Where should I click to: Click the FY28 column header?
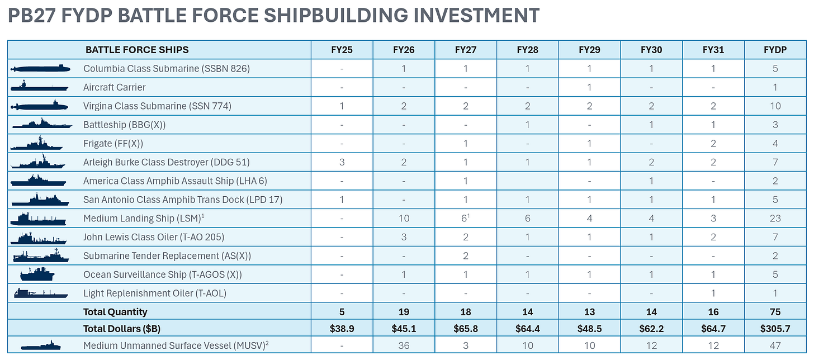pos(527,50)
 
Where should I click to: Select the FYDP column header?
pos(775,50)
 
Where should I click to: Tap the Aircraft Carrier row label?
pos(114,87)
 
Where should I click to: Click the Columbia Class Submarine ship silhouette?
pos(40,68)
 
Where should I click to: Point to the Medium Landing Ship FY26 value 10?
pos(404,219)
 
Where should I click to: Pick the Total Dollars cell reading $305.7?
pos(775,329)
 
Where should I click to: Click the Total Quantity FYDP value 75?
pos(775,312)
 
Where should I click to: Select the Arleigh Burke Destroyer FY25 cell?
pos(342,162)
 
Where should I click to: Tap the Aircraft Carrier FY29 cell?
pos(589,87)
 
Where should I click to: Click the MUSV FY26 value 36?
pos(404,345)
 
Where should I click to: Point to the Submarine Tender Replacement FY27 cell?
pos(466,255)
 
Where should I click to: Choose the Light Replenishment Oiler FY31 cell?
pos(713,293)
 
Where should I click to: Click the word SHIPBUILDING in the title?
pos(335,15)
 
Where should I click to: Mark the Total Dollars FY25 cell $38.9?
pos(342,329)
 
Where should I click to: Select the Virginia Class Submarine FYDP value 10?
pos(775,106)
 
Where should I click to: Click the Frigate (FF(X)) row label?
pos(113,144)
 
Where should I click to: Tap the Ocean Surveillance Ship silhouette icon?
pos(37,274)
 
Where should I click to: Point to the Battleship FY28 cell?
pos(527,125)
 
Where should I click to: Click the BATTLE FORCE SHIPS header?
pos(137,50)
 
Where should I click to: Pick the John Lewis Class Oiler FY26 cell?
pos(404,237)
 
